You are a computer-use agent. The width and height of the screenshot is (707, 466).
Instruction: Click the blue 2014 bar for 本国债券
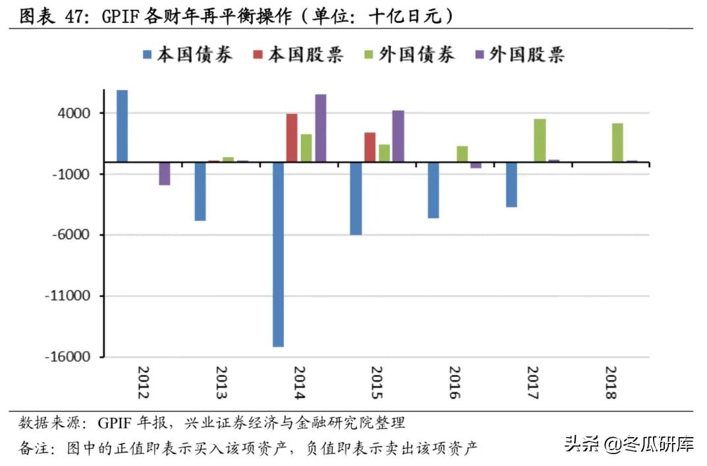278,254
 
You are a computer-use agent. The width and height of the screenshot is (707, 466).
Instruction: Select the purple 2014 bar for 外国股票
321,128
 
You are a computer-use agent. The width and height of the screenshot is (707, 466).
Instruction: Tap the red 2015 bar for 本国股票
370,147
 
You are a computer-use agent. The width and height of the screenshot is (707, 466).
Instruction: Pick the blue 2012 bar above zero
122,126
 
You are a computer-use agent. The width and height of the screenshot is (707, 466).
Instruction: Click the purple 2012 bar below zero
165,173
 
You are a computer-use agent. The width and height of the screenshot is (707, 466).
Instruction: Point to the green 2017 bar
540,140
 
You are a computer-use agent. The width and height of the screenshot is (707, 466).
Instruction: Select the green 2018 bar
617,142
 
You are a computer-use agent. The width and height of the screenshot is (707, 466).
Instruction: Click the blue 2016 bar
433,190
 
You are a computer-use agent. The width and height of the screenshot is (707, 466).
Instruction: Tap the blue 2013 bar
200,191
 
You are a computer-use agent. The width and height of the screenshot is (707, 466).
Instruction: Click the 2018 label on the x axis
610,382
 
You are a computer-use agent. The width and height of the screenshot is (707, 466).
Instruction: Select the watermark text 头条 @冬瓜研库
629,446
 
